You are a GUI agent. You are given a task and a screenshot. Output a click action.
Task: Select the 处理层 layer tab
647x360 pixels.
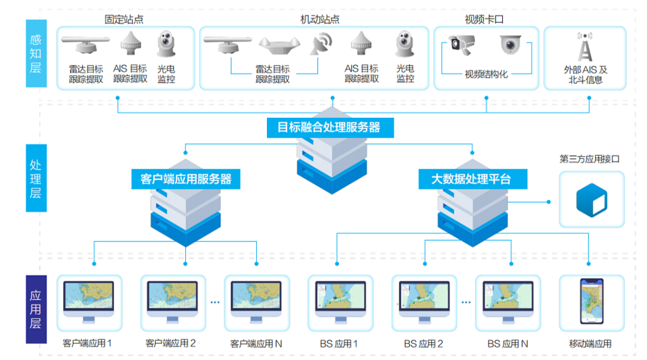(x=36, y=178)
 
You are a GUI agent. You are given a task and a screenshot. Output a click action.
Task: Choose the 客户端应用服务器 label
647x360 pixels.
(x=186, y=179)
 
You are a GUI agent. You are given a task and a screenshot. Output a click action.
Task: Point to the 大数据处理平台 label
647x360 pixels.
(x=471, y=179)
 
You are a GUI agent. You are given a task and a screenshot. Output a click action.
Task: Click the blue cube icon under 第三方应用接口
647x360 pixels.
(x=591, y=200)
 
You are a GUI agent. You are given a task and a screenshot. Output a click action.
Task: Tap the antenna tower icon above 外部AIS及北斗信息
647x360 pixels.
(x=585, y=47)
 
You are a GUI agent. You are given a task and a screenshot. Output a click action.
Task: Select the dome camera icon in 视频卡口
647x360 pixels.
(x=510, y=44)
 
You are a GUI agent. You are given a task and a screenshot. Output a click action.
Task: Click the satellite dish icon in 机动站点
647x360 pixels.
(x=320, y=44)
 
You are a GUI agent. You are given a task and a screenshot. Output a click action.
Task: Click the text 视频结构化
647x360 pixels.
(x=486, y=75)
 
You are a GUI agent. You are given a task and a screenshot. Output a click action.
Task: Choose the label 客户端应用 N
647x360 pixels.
(x=256, y=344)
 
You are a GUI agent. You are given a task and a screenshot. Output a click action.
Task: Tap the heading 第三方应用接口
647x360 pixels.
(x=589, y=160)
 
